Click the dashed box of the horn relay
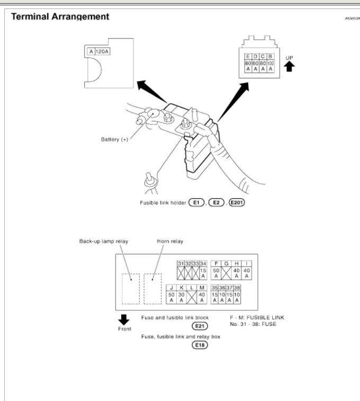click(152, 289)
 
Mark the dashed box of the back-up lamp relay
click(131, 289)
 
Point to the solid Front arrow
click(122, 319)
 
